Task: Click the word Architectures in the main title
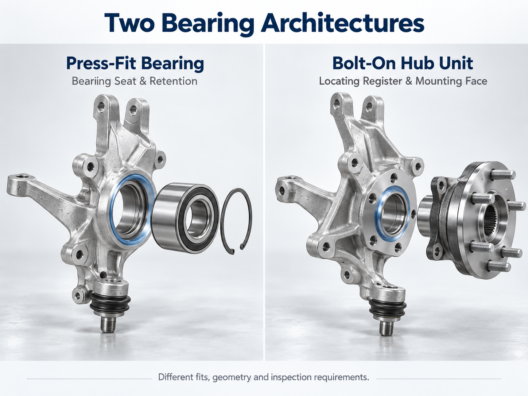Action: (x=342, y=23)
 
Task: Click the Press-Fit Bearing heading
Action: (x=135, y=63)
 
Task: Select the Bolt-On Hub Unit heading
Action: (x=403, y=63)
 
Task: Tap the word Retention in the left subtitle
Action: (x=174, y=81)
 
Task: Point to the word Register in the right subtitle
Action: (x=382, y=81)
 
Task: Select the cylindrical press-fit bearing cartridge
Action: (x=185, y=218)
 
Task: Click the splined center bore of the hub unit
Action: (x=491, y=220)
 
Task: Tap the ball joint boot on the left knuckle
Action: (x=110, y=304)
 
